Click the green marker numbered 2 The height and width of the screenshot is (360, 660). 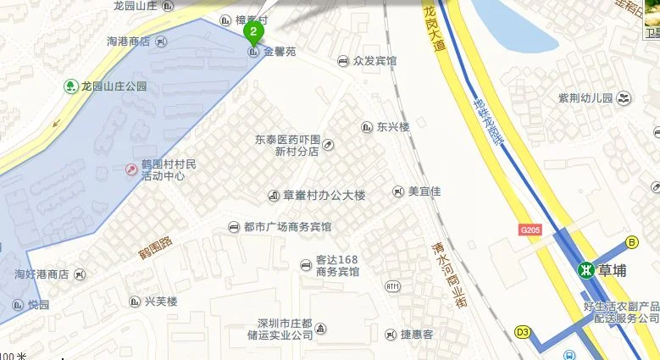(252, 33)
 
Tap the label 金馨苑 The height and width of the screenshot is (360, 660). (280, 53)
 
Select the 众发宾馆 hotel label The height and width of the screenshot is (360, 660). (374, 61)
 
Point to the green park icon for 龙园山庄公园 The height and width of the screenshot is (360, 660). (70, 86)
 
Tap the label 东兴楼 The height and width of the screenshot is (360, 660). (393, 127)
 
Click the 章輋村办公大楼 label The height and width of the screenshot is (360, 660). (324, 196)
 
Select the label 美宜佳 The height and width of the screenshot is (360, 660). (424, 191)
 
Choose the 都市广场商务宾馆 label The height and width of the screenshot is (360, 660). (286, 227)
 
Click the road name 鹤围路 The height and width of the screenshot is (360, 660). (156, 246)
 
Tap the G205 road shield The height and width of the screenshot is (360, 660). (530, 230)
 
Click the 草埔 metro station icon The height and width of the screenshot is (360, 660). (585, 269)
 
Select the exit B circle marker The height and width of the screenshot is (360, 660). (632, 242)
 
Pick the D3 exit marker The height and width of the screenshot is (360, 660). (523, 331)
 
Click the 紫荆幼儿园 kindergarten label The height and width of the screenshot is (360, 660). (585, 98)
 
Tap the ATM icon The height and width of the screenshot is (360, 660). (392, 286)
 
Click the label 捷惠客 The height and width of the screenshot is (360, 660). (416, 335)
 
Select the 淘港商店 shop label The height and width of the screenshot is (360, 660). (128, 41)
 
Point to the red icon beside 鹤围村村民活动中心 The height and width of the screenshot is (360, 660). (131, 169)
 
